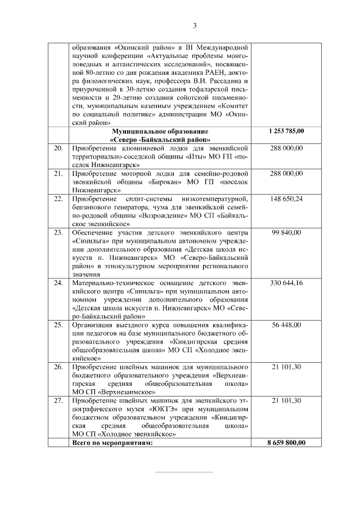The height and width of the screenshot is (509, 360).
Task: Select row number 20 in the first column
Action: pos(57,148)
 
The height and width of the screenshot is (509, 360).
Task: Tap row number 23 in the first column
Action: pos(57,232)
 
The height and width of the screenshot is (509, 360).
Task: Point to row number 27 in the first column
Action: pos(57,400)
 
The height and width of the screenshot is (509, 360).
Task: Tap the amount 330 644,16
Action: pos(286,283)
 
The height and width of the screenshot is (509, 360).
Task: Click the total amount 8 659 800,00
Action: pos(286,443)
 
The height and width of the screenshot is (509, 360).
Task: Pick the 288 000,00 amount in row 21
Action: pos(286,174)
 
